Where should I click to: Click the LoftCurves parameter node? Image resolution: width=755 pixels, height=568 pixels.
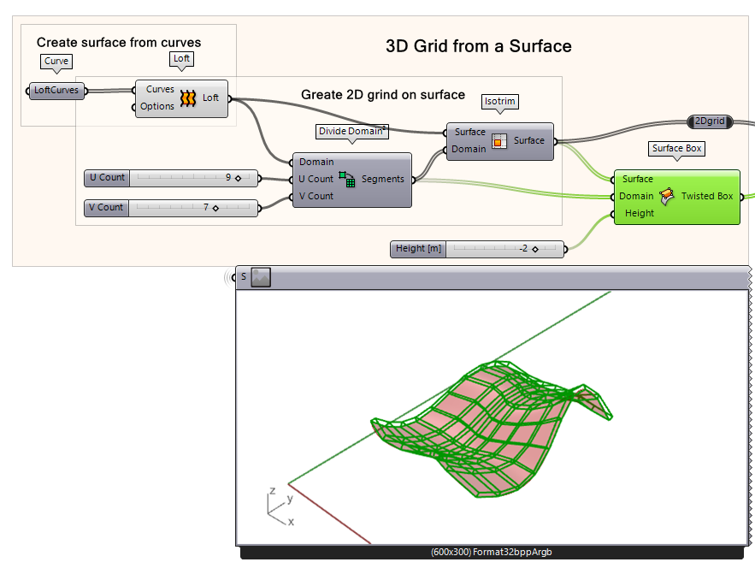[x=56, y=90]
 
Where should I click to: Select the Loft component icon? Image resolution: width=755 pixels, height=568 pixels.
[x=188, y=98]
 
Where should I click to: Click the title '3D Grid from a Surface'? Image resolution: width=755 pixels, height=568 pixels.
[x=478, y=46]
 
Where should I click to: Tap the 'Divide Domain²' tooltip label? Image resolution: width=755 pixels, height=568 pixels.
[x=352, y=132]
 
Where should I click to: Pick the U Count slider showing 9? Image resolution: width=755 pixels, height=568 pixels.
[x=171, y=178]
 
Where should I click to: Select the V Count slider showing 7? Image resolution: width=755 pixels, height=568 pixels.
[x=171, y=207]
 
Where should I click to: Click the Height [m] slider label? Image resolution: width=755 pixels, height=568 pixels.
[x=419, y=249]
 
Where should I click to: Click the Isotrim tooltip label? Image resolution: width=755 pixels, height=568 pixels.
[x=500, y=102]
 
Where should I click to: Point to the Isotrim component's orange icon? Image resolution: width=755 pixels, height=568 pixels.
[x=498, y=140]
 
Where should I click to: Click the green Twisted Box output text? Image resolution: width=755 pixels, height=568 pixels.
[x=706, y=196]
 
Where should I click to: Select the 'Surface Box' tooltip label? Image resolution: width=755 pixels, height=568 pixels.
[x=676, y=149]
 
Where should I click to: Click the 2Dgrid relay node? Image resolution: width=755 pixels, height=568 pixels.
[x=711, y=121]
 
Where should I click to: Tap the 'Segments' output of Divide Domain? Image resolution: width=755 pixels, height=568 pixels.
[x=382, y=179]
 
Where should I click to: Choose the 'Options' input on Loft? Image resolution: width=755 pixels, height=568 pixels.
[x=157, y=106]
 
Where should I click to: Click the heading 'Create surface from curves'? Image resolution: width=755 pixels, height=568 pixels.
[x=119, y=42]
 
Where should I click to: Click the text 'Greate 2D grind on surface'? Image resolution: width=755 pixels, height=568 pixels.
[x=383, y=94]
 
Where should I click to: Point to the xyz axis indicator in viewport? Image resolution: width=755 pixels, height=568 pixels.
[x=279, y=506]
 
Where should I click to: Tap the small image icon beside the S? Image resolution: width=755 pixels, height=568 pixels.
[x=261, y=276]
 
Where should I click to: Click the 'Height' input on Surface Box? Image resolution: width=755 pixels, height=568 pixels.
[x=639, y=213]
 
